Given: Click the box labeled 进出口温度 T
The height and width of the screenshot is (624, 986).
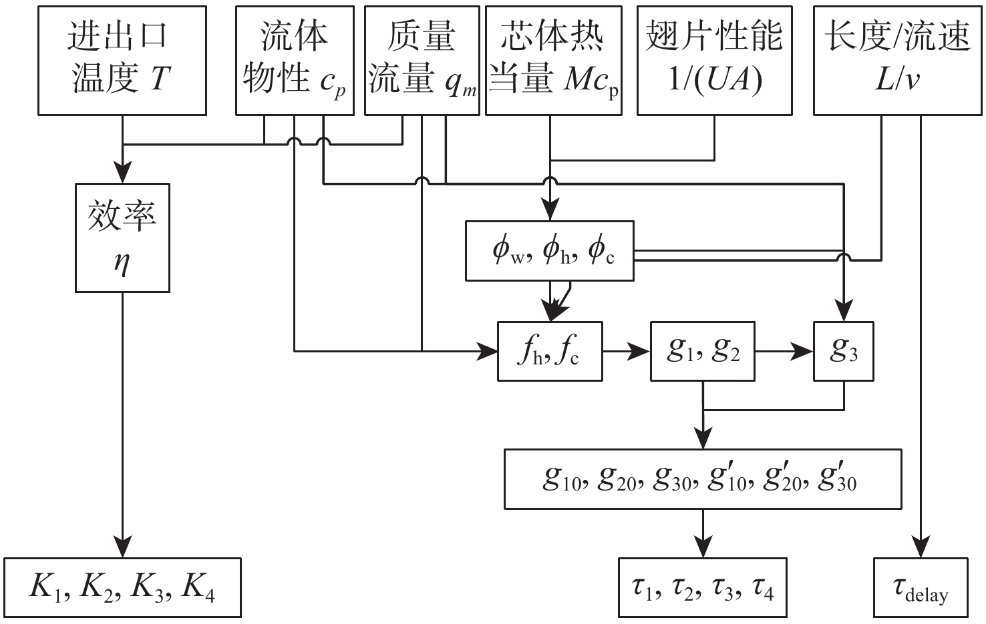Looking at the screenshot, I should (x=122, y=61).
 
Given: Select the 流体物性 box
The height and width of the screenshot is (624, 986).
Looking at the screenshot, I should (x=294, y=61).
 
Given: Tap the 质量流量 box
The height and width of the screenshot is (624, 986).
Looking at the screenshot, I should (x=422, y=61).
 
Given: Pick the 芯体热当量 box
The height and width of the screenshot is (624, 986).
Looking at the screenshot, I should (x=554, y=61).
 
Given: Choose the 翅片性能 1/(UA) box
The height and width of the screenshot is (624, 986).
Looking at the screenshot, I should (x=715, y=61).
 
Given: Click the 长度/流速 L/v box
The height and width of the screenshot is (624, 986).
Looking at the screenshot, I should (x=898, y=61).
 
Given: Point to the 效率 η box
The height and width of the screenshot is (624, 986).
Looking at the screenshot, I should (x=122, y=237).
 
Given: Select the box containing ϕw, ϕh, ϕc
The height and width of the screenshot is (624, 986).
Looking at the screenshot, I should (x=550, y=250).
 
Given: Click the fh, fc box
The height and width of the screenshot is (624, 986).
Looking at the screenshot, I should (x=550, y=351).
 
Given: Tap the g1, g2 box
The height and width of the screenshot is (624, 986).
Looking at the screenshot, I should (x=703, y=351).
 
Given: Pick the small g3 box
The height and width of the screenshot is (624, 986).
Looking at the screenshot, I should (x=843, y=351).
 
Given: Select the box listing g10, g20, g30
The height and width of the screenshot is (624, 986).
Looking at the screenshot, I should (x=703, y=479).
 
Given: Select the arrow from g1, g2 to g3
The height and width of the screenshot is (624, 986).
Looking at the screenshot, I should (x=784, y=351).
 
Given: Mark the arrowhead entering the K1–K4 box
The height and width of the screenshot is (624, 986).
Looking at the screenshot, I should (x=122, y=547).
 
